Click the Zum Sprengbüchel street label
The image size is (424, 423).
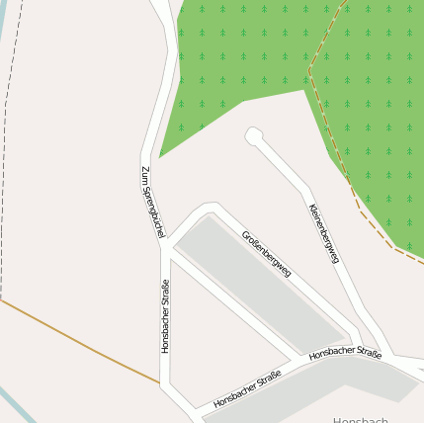point(151,203)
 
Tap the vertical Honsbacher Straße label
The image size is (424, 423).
point(165,315)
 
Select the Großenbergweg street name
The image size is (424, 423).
point(266,252)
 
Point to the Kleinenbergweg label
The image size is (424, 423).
point(323,234)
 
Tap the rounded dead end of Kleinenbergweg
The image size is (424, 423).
point(254,135)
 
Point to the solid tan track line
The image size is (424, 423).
point(79,341)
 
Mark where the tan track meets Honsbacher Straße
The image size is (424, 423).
point(161,382)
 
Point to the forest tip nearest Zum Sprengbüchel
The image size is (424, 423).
point(160,155)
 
